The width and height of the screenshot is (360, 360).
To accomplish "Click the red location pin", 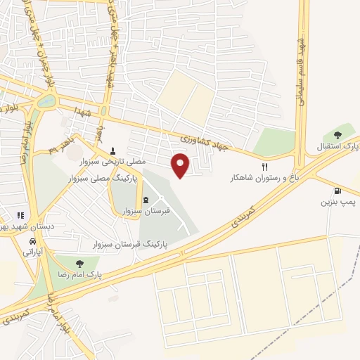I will (181, 165).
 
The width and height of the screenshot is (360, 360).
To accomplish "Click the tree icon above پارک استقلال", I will (337, 134).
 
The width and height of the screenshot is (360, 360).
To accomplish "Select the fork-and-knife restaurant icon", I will (265, 167).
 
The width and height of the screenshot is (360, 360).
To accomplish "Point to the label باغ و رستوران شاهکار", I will (263, 178).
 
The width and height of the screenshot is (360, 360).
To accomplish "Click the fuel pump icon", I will (337, 191).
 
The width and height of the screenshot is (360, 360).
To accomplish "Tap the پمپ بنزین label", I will (336, 202).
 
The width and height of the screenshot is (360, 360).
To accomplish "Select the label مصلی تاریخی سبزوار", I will (116, 161).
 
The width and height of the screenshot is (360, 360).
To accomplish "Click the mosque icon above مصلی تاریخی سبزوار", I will (114, 150).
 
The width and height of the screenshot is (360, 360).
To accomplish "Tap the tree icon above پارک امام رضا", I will (87, 264).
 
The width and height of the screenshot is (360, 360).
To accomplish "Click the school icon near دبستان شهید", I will (20, 215).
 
